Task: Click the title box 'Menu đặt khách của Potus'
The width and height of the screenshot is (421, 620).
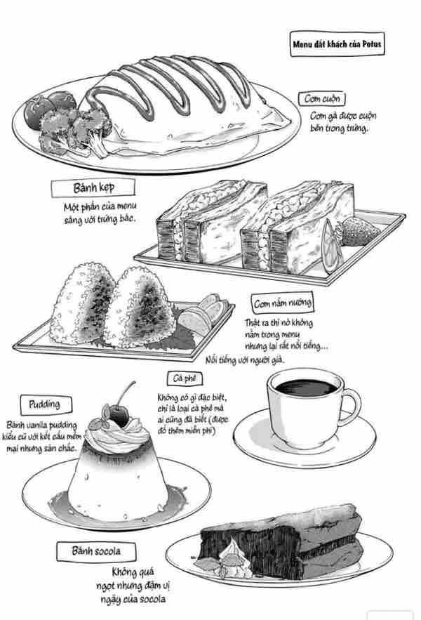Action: coord(338,44)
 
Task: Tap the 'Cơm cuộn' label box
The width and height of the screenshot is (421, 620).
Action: coord(322,98)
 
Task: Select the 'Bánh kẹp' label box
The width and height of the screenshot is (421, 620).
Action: coord(93,187)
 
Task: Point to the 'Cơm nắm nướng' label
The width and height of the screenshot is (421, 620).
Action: coord(282,303)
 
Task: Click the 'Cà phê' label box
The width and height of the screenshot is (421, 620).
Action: coord(185,378)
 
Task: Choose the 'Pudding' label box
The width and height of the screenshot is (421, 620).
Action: coord(46,404)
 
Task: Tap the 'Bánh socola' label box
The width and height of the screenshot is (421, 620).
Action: coord(96,551)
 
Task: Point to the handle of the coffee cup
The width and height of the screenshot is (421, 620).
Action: coord(352,407)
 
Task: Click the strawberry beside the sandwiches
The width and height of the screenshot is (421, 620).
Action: coord(358,231)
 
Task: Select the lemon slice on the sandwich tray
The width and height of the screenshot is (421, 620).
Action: coord(330,246)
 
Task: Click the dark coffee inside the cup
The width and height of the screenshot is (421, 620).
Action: coord(306,387)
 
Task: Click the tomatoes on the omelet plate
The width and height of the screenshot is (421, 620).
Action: coord(49,107)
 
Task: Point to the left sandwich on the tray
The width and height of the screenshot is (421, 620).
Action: coord(211,222)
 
